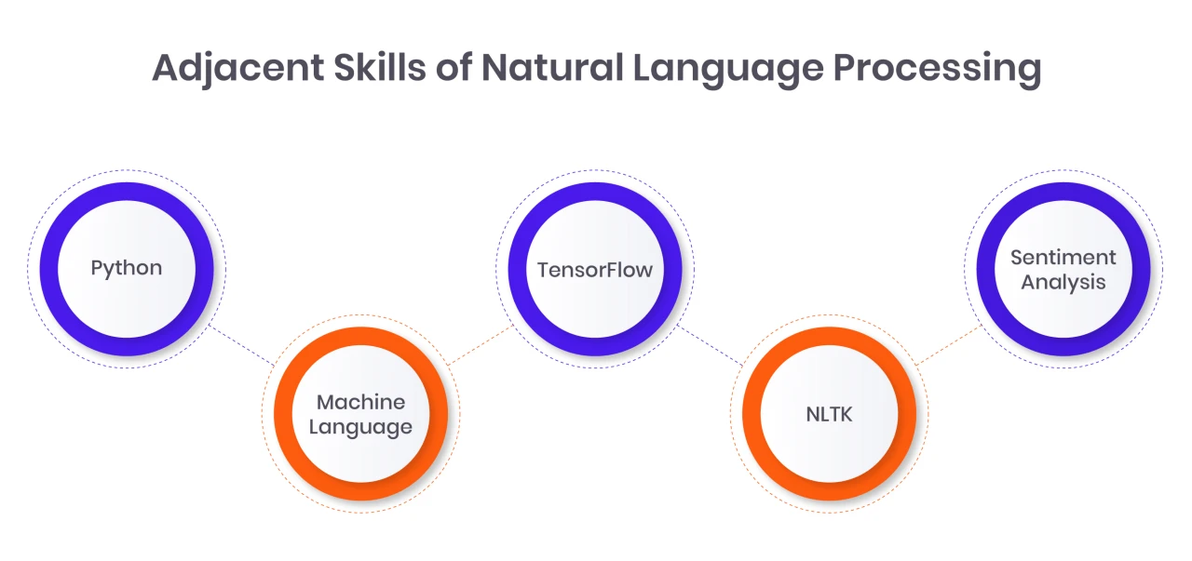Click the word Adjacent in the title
click(x=237, y=69)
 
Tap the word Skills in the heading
click(x=380, y=67)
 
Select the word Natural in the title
click(x=552, y=67)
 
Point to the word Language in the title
click(x=728, y=69)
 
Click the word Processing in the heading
click(x=937, y=69)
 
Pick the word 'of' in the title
click(x=454, y=67)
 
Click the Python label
click(x=127, y=269)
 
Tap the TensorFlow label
click(x=595, y=270)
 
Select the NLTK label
click(x=829, y=414)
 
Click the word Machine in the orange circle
click(x=360, y=402)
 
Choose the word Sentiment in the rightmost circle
click(x=1063, y=258)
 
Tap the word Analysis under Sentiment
click(x=1063, y=283)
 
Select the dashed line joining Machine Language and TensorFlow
click(x=480, y=345)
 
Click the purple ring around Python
click(x=49, y=269)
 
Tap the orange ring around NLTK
click(x=752, y=414)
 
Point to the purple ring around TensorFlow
click(x=517, y=269)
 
